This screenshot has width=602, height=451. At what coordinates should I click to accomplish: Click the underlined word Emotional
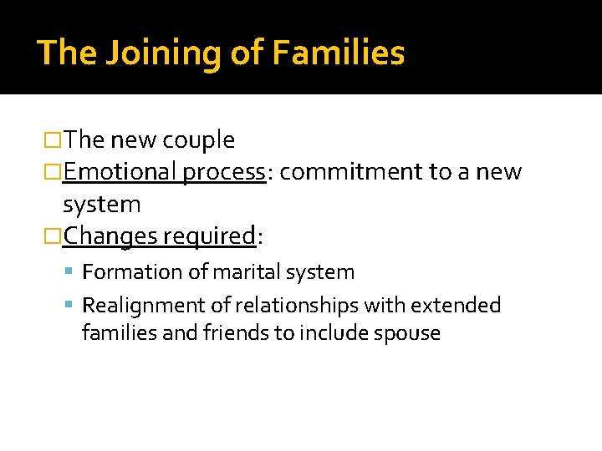119,172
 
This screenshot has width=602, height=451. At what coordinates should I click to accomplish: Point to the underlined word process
224,173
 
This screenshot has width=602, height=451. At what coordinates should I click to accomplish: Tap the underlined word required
208,237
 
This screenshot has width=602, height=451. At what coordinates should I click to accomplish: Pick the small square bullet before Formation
73,272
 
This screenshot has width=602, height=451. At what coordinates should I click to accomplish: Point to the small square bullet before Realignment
73,306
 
